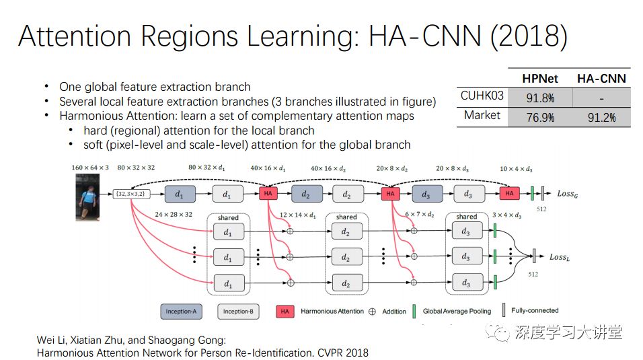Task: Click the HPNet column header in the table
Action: pos(540,78)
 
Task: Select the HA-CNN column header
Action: pos(601,78)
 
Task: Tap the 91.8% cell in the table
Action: pos(540,98)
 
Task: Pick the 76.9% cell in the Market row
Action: pos(540,117)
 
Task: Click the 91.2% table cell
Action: pos(601,117)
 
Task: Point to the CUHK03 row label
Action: pos(482,96)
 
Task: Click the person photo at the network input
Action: pos(87,196)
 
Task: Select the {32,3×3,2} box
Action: pos(130,194)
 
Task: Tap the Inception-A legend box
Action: pos(181,311)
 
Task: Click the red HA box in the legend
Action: pos(285,311)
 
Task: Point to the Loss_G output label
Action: pos(568,194)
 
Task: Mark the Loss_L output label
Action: pos(560,257)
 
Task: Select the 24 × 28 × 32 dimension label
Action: pos(174,215)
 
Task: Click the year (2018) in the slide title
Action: pos(528,37)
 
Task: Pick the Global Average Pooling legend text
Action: pos(457,311)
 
